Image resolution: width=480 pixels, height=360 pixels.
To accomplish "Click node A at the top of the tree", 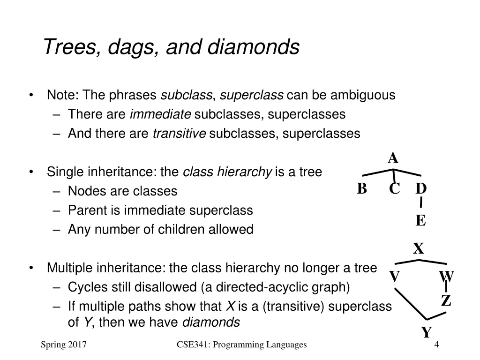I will click(393, 158).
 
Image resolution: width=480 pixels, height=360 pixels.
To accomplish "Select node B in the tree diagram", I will click(361, 188).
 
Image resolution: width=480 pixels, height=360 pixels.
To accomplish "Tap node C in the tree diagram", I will click(394, 189).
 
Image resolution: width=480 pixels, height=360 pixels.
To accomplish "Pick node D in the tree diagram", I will click(421, 188).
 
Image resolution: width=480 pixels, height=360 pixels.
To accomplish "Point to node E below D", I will click(420, 220).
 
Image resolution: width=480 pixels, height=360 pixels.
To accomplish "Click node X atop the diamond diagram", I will click(418, 248).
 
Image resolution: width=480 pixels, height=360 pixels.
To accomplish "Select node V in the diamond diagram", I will click(395, 277).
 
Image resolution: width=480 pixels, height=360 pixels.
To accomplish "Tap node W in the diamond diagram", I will click(446, 276).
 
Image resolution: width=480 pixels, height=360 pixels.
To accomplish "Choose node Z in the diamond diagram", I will click(446, 300).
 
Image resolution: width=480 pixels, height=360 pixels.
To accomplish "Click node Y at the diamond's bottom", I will click(426, 332).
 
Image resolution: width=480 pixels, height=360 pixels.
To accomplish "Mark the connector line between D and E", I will click(421, 202).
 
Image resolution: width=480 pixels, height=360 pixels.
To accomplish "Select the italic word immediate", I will click(160, 114).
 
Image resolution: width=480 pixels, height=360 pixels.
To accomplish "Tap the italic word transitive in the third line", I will click(180, 134).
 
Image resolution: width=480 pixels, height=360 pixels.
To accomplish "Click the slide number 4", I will click(436, 345).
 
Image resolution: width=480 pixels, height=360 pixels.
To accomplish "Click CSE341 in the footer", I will click(193, 345).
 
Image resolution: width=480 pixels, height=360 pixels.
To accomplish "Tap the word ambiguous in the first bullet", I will click(363, 95).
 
